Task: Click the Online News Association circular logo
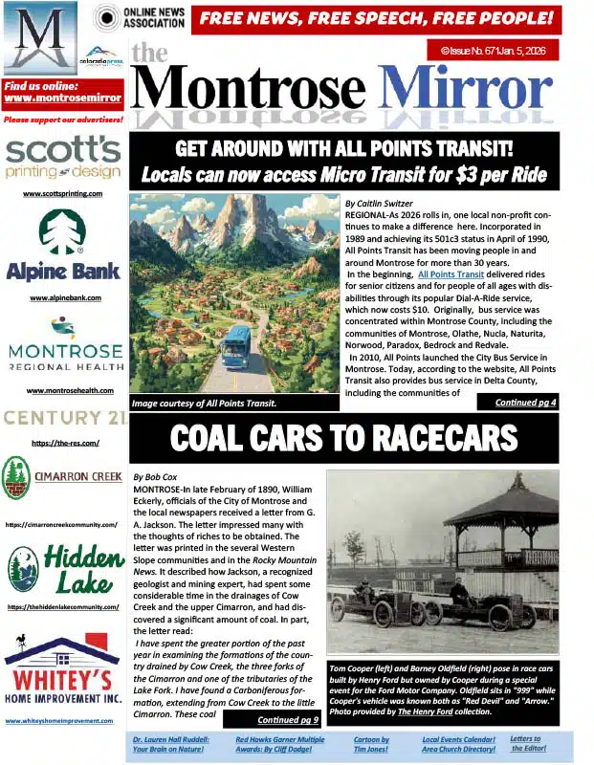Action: click(106, 17)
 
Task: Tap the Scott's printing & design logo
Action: click(62, 159)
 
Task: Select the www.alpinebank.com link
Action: click(62, 298)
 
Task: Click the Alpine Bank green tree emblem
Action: click(62, 232)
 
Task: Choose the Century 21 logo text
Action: click(63, 417)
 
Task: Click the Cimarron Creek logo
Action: click(63, 477)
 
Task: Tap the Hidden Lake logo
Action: click(63, 568)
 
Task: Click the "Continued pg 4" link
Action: click(525, 403)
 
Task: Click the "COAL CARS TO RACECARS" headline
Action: click(343, 438)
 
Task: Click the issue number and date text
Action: click(493, 49)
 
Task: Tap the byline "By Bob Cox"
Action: click(154, 475)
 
